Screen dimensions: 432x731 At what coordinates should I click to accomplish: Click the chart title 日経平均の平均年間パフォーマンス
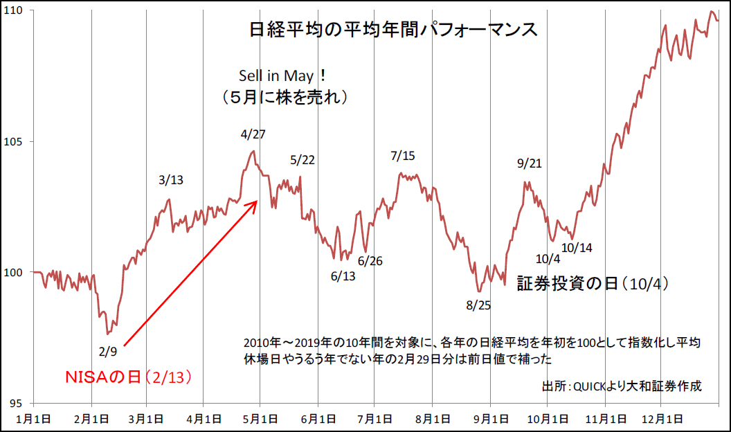(x=392, y=30)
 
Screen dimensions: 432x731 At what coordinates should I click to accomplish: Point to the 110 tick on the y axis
(x=15, y=11)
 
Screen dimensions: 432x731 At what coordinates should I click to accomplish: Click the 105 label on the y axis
(x=15, y=142)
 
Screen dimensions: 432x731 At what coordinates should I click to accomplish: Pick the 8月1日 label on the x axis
(x=431, y=419)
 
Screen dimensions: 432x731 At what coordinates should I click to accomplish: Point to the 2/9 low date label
(x=107, y=352)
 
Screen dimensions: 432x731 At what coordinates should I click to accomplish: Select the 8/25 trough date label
(x=478, y=305)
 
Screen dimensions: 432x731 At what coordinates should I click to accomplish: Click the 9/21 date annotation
(x=530, y=163)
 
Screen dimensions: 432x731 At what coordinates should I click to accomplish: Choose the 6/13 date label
(x=343, y=276)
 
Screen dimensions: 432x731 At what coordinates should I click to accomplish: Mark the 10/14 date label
(x=577, y=247)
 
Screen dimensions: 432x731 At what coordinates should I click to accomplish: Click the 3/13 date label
(x=171, y=180)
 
